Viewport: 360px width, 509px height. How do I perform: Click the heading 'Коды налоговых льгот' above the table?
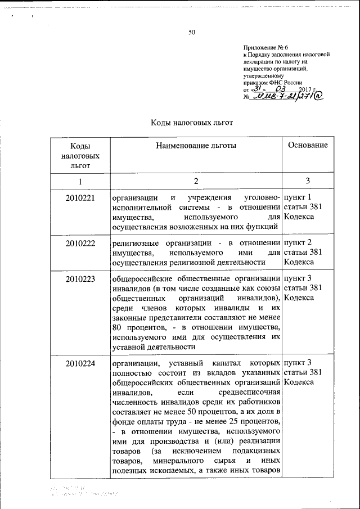191,123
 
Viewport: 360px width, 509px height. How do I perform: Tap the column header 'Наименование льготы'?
196,145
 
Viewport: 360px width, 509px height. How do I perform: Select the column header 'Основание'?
308,145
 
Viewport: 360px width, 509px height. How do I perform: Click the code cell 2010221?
80,198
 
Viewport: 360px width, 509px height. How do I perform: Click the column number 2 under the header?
196,181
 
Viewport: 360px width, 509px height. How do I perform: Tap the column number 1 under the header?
80,181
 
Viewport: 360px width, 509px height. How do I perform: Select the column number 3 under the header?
308,181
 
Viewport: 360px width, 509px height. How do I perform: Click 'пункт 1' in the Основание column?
298,198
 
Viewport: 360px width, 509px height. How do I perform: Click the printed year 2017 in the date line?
305,89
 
